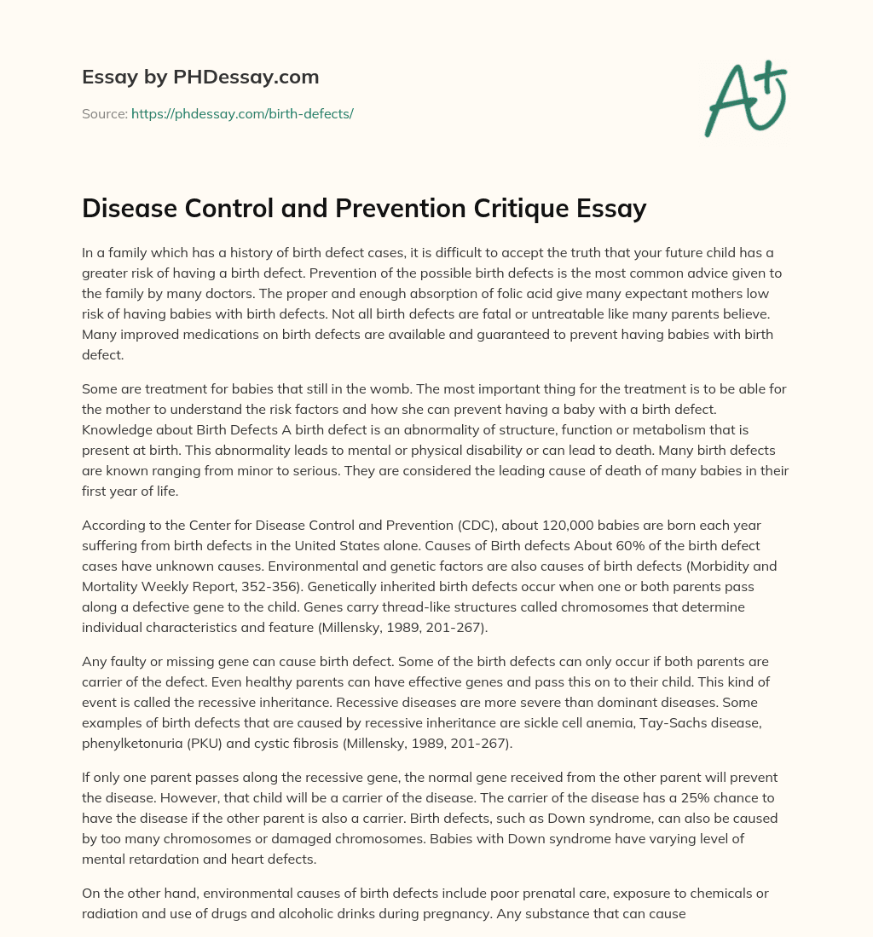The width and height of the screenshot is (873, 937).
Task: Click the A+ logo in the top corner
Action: click(x=744, y=99)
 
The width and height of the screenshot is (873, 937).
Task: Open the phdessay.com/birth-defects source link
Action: click(x=242, y=113)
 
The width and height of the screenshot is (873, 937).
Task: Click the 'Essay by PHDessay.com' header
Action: click(x=200, y=77)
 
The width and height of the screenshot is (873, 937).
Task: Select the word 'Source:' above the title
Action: click(x=104, y=113)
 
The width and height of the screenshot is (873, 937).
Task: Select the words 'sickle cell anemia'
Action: click(x=573, y=722)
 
